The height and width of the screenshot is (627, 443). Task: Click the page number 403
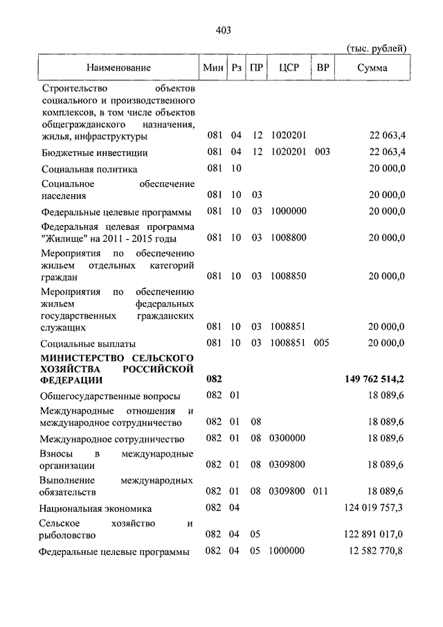222,30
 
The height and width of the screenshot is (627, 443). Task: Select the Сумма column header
372,68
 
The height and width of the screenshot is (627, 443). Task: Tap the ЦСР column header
288,68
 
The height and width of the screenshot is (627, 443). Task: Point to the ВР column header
322,68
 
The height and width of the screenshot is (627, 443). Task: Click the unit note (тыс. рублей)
376,48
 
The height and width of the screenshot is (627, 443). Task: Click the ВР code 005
322,343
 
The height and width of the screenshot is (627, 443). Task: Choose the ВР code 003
322,152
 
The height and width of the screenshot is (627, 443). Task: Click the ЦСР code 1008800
289,238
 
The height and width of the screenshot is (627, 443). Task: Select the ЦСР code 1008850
289,276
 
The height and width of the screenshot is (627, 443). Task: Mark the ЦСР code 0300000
289,439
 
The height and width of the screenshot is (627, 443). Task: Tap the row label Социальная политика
89,170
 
